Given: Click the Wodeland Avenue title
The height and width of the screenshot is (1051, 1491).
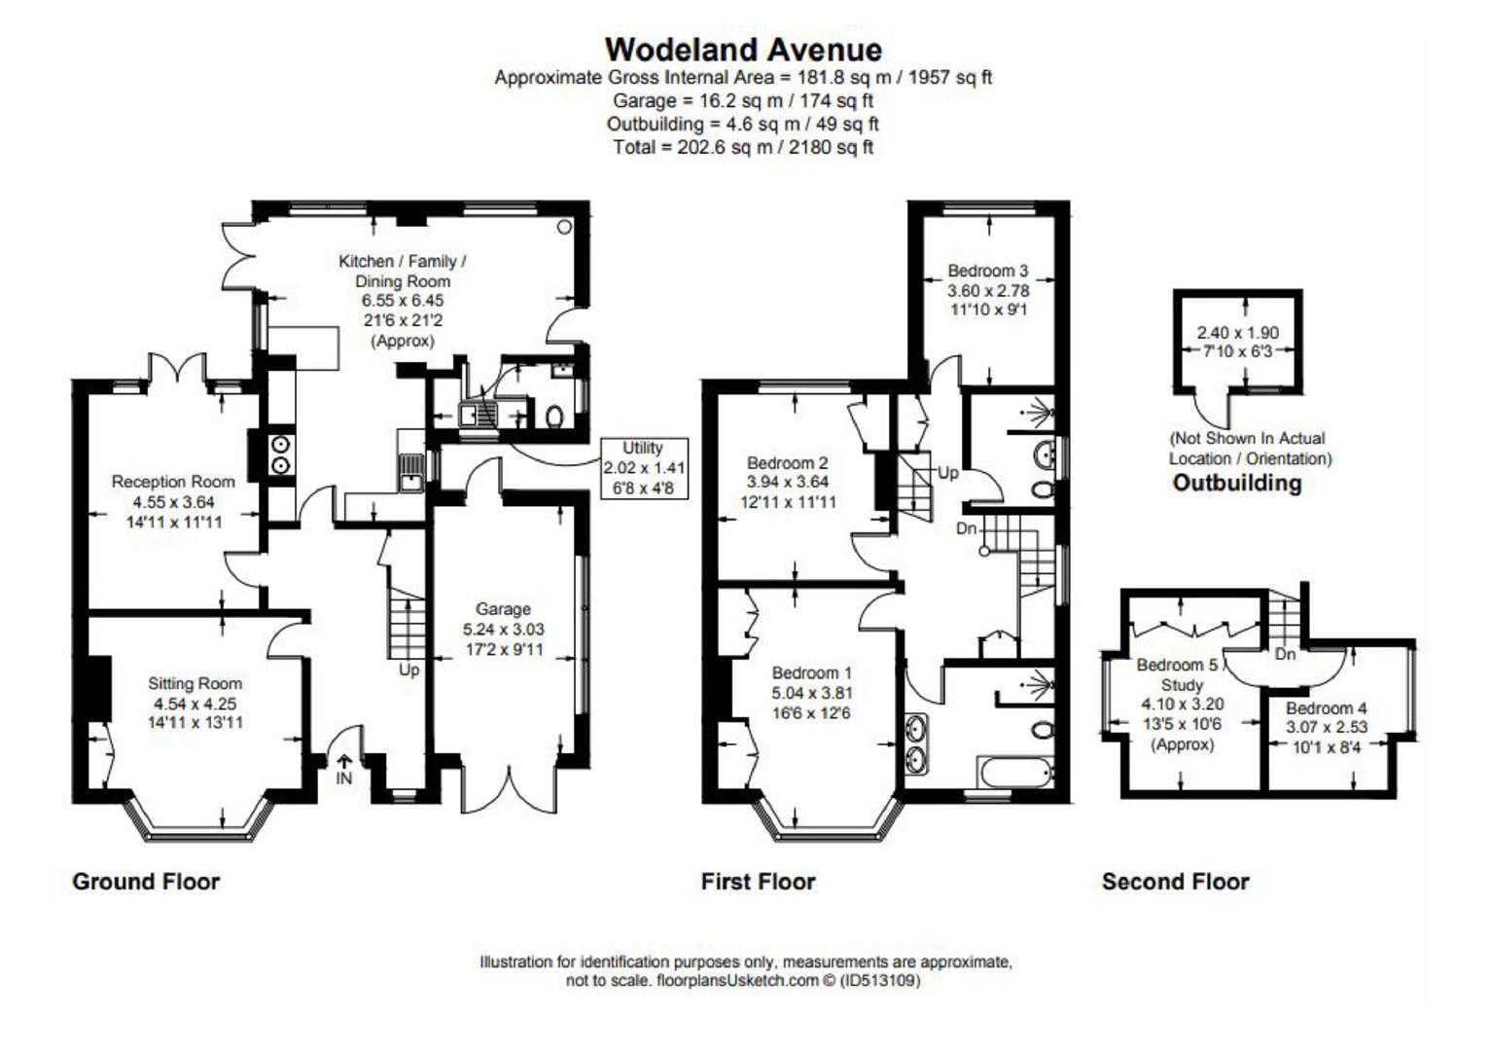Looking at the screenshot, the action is click(743, 50).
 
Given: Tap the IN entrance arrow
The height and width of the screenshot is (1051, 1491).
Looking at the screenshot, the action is click(344, 761).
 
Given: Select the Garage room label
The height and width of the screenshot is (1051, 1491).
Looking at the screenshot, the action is click(503, 609).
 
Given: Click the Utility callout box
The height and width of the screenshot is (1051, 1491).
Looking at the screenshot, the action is click(644, 468).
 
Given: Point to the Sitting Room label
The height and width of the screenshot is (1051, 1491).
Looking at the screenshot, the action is click(195, 683).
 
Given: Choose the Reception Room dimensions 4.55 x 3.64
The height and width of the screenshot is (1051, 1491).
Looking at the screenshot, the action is click(173, 502).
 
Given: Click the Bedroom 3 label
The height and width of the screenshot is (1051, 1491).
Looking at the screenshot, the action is click(988, 272).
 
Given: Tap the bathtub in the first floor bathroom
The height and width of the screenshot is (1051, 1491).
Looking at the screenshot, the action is click(1015, 773).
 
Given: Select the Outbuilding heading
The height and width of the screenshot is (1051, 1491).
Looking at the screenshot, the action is click(1237, 483).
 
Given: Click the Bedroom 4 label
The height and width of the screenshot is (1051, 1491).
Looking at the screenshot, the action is click(1326, 708).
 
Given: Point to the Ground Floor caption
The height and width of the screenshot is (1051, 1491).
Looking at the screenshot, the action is click(146, 882).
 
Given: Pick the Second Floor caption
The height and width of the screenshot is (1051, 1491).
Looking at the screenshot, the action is click(1176, 882).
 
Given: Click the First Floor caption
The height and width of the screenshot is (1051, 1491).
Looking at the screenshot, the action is click(759, 882).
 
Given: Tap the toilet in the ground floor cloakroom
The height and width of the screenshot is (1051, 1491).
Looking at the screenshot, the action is click(553, 417).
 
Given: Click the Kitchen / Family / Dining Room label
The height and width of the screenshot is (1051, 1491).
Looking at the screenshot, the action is click(402, 272).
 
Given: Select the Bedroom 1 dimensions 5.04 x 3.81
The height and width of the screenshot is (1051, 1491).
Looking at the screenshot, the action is click(811, 693).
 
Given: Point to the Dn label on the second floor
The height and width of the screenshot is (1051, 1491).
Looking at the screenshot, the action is click(1285, 655).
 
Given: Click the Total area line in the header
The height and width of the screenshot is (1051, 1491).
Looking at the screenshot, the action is click(743, 147).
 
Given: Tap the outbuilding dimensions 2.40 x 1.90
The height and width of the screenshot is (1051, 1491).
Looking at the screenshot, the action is click(1237, 333).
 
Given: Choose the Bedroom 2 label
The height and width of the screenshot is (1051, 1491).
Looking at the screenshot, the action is click(788, 462).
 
